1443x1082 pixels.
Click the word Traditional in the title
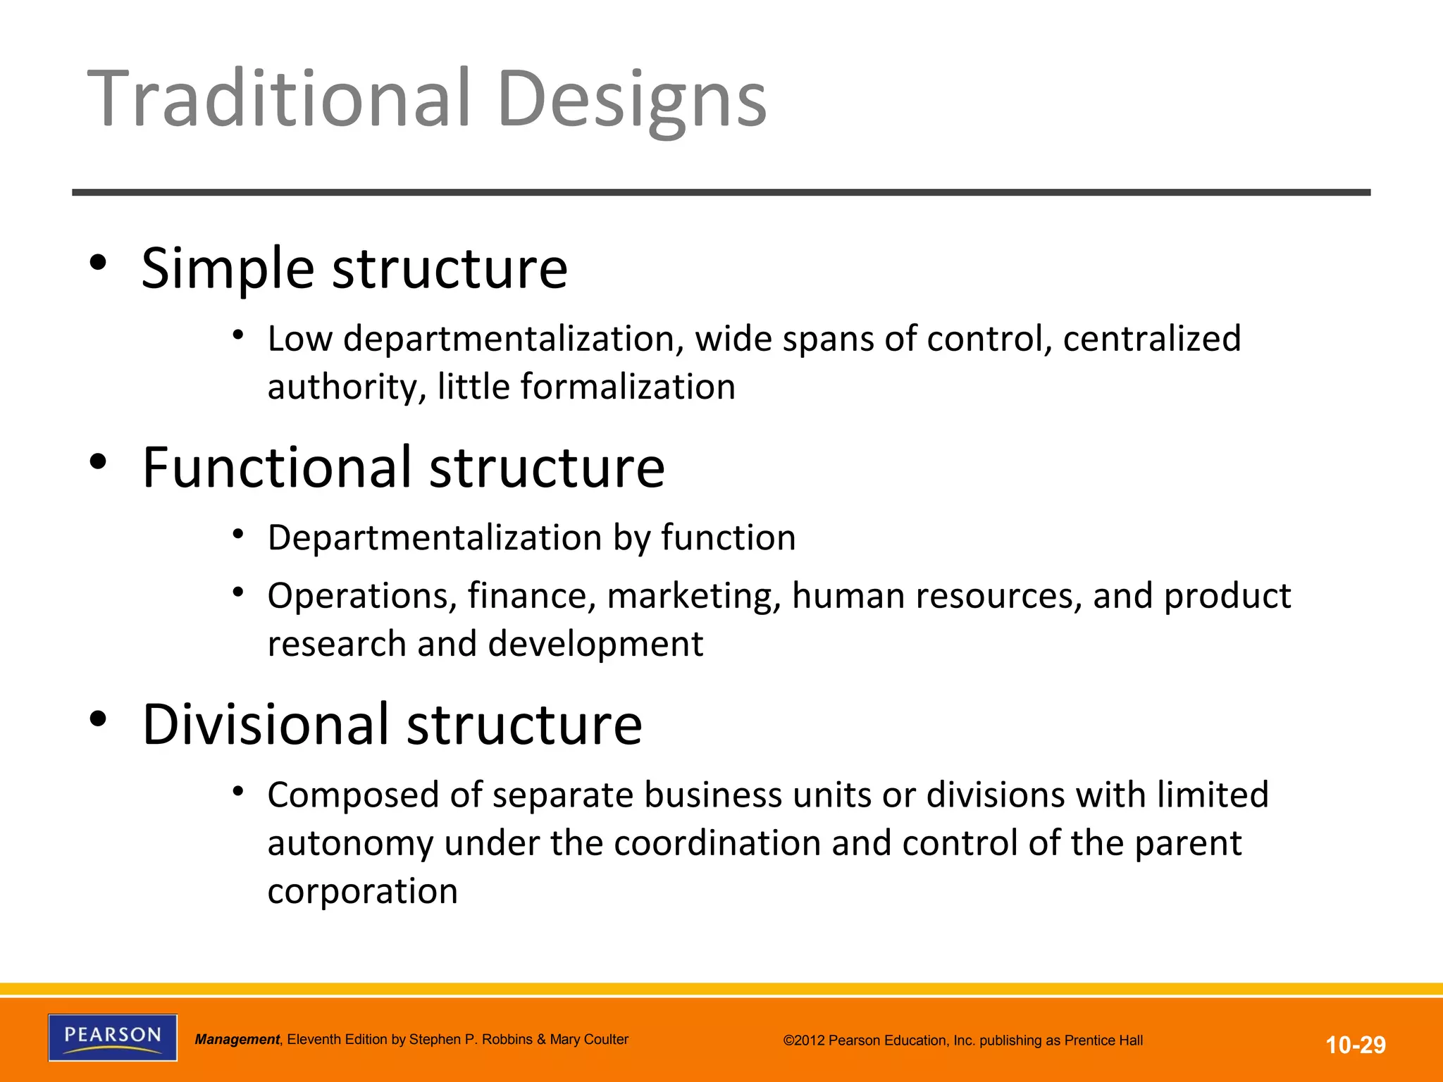278,99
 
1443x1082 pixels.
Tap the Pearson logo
113,1037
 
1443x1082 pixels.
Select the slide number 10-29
1356,1045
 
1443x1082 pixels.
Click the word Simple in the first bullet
228,269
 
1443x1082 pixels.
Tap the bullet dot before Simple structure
98,263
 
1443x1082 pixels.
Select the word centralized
1151,339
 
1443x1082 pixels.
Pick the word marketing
693,596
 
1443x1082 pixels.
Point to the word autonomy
350,844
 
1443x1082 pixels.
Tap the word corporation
363,892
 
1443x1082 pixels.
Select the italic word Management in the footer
237,1040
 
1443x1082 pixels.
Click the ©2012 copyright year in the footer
804,1040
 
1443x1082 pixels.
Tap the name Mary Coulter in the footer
589,1040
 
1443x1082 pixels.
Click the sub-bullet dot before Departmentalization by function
238,535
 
